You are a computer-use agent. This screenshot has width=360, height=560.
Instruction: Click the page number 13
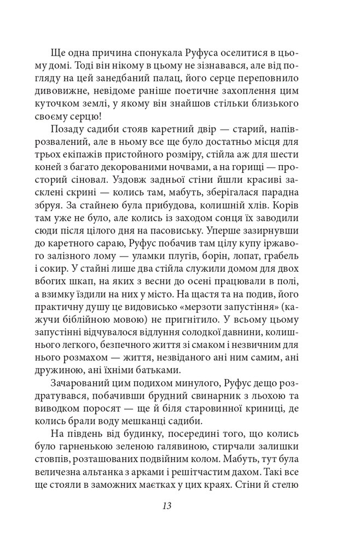(x=167, y=506)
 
